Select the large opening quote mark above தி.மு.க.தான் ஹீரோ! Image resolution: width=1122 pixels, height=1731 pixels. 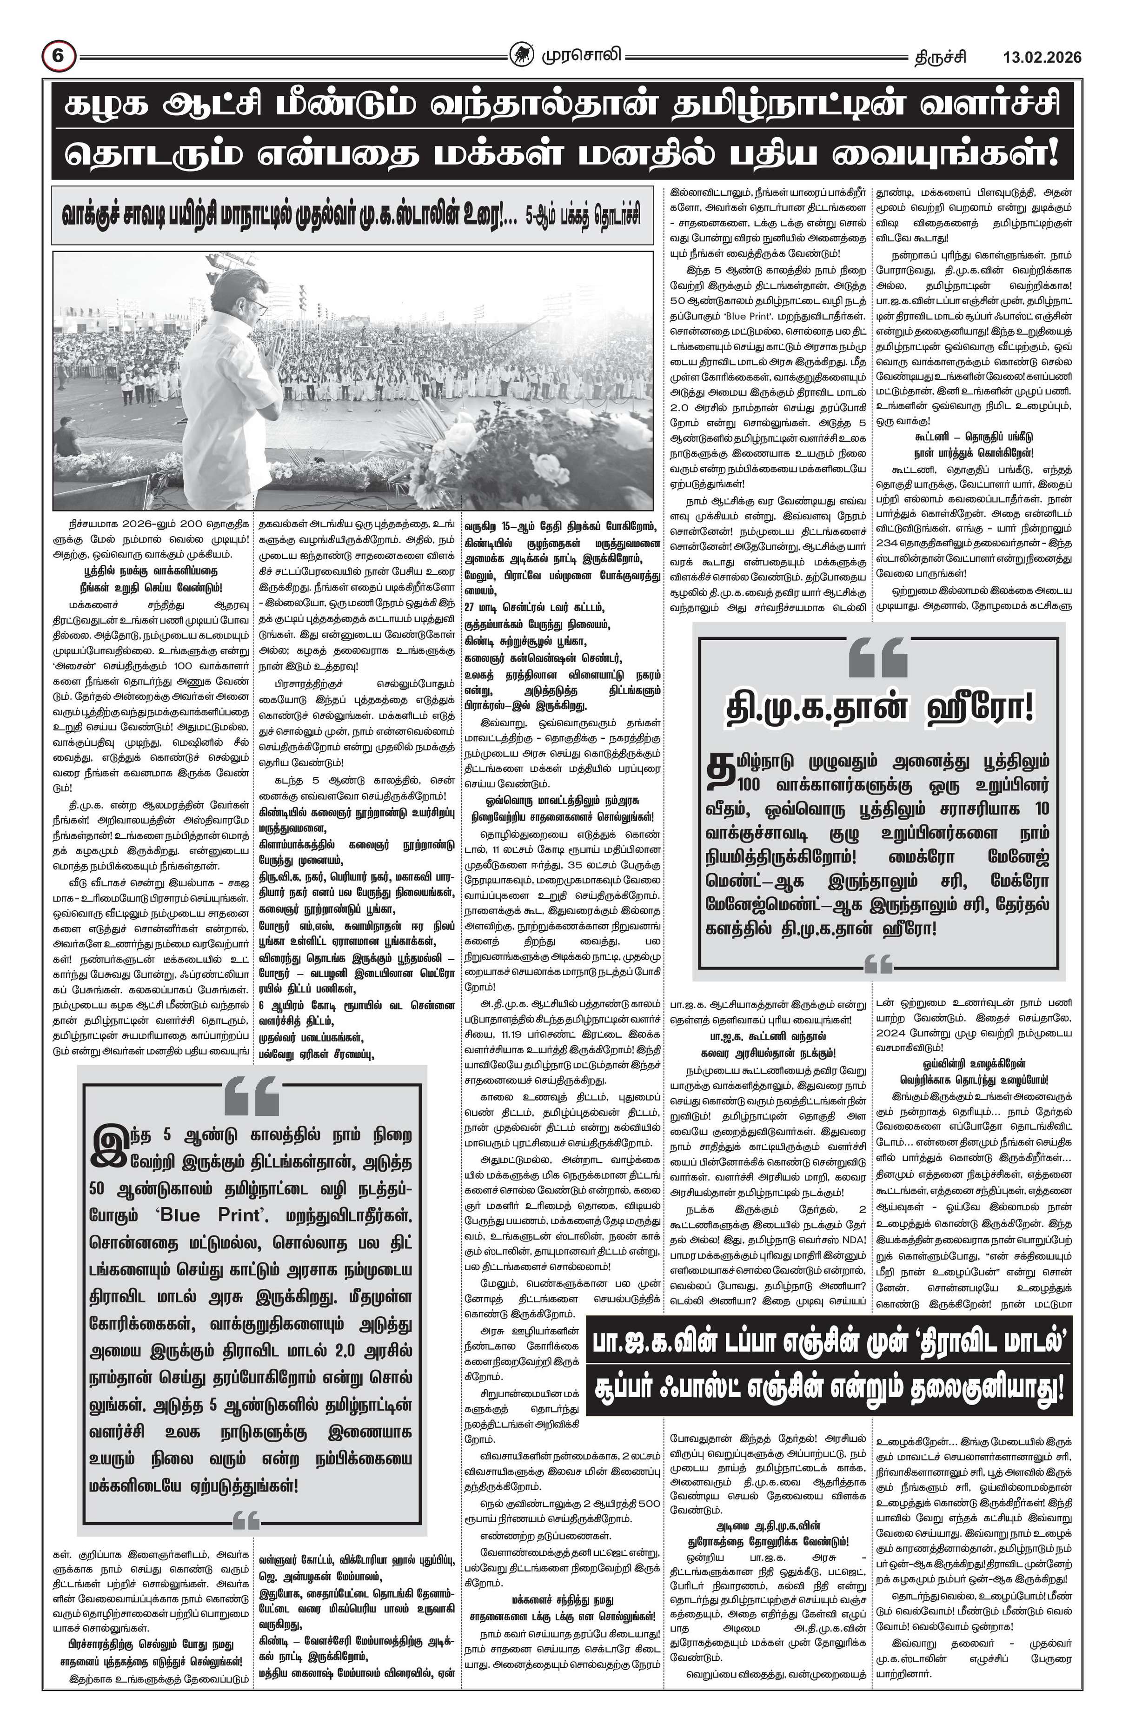[x=878, y=657]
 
